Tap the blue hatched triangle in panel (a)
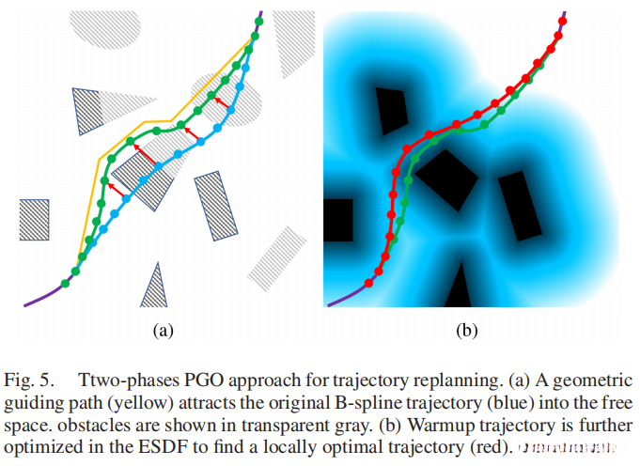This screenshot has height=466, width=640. tap(153, 285)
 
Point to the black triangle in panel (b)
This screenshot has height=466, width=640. tap(458, 286)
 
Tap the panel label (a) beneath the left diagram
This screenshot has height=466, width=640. tap(160, 330)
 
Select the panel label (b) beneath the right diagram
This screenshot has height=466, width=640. tap(467, 330)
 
